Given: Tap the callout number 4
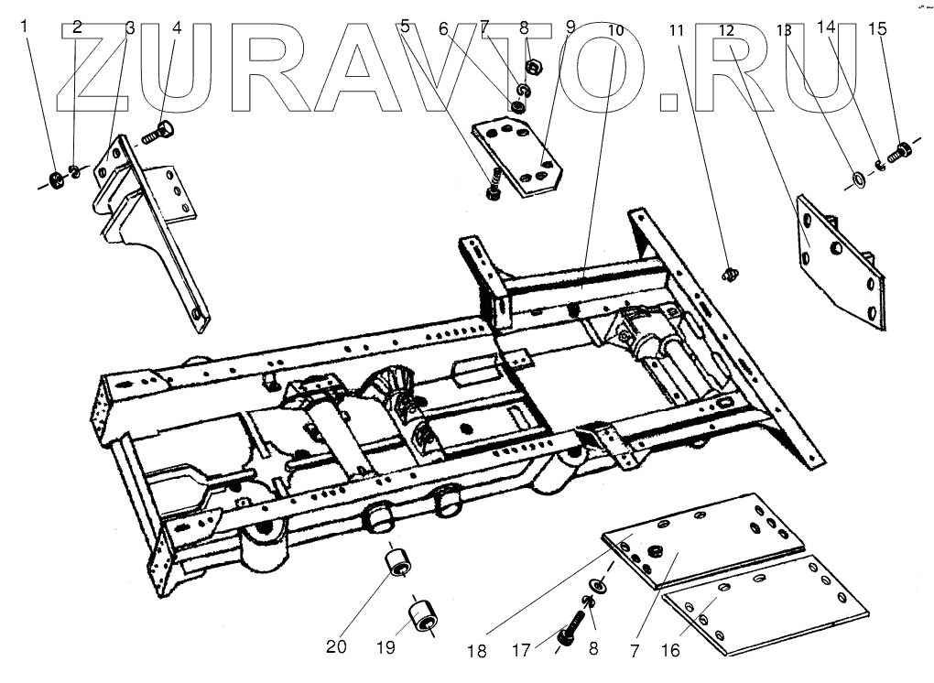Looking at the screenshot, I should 178,27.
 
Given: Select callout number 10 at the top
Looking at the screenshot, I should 615,29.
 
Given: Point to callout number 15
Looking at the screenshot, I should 877,28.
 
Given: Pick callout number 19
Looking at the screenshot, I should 385,647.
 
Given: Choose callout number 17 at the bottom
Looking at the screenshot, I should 521,651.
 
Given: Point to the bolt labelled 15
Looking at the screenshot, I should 900,148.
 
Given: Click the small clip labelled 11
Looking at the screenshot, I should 730,272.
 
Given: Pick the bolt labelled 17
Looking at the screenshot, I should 570,631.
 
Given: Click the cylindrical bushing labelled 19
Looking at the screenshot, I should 423,614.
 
